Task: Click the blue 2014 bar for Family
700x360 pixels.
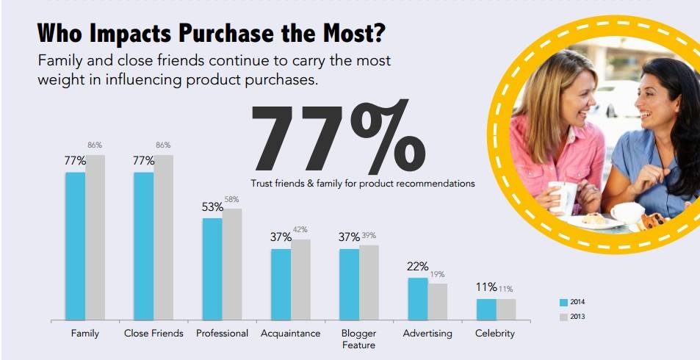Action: [75, 246]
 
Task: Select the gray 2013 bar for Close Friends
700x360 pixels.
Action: [163, 237]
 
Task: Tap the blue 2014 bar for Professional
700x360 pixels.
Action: [212, 269]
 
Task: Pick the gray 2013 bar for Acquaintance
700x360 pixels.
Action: [300, 280]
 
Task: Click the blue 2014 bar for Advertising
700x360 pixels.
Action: [418, 299]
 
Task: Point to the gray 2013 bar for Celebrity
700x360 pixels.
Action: [506, 309]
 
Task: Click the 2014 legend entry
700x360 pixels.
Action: [572, 302]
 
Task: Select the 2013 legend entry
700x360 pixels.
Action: [572, 317]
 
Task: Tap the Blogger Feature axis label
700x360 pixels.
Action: [358, 339]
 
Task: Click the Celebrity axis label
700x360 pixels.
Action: [495, 334]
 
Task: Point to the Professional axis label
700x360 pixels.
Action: [222, 334]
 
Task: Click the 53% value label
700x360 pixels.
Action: [212, 207]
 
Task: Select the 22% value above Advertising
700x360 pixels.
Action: [417, 267]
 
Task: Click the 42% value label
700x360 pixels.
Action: [300, 230]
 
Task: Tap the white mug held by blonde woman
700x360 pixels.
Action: [563, 197]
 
